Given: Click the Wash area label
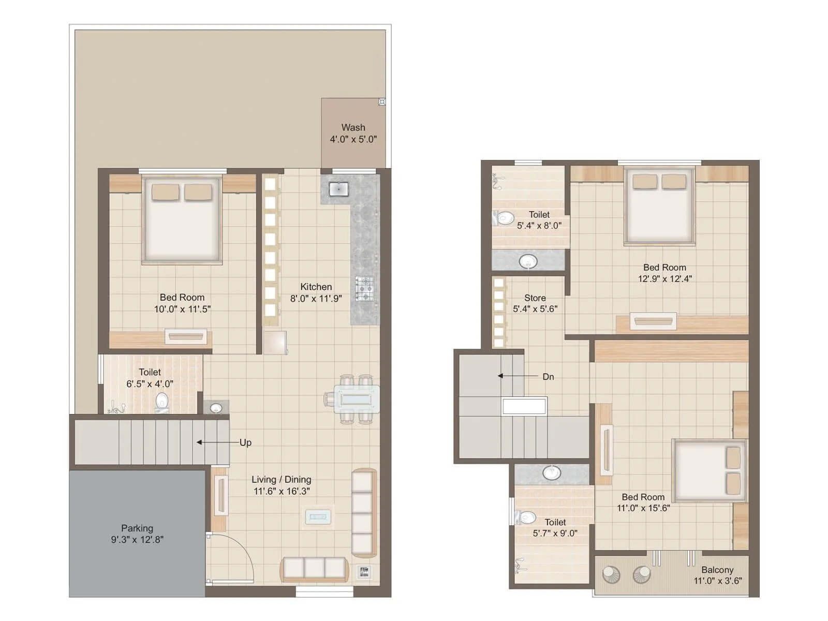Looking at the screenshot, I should coord(353,127).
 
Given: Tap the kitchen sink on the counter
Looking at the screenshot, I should coord(339,189).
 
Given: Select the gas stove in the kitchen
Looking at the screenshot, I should coord(364,289).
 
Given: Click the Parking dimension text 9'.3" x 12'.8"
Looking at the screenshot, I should coord(137,539).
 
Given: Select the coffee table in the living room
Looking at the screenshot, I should coord(318,516).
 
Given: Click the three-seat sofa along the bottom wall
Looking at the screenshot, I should coord(315,568).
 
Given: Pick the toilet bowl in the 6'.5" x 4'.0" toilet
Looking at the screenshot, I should coord(162,402).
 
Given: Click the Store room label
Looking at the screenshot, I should coord(535,298).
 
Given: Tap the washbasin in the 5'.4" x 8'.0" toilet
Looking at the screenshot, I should coord(528,261).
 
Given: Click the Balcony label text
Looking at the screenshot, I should coord(717,570).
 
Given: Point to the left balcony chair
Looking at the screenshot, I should coord(611,574).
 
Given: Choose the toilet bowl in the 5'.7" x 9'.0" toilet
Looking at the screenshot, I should coord(527,517).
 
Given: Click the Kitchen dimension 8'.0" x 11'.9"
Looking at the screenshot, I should coord(316,299).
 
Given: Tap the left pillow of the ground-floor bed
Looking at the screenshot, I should coord(165,192).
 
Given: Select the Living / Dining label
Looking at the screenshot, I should coord(281,480).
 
